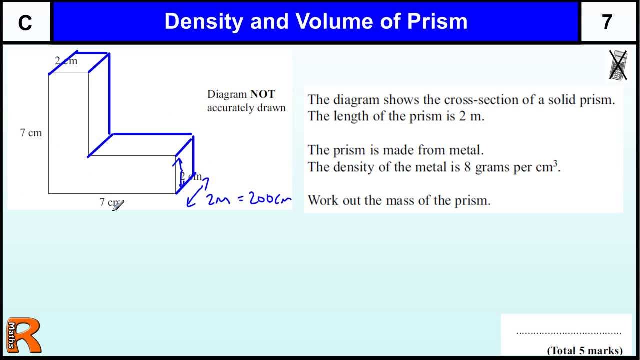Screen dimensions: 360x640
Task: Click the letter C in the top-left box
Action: coord(25,23)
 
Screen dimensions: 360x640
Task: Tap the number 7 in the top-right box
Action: coord(607,22)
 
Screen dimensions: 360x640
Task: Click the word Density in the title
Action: coord(204,21)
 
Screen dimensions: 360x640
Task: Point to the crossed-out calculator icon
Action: coord(618,65)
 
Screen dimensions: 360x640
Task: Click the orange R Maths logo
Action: coord(23,335)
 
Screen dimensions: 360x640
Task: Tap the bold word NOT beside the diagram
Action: coord(262,94)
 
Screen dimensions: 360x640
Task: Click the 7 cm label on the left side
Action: coord(31,133)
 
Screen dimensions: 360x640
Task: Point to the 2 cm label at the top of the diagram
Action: coord(66,61)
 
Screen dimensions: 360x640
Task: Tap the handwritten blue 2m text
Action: coord(218,199)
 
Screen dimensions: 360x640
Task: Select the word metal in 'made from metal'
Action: coord(466,150)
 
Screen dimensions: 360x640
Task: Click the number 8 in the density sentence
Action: coord(467,167)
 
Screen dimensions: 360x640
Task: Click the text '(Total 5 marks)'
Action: coord(585,350)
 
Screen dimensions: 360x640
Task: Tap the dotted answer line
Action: coord(568,332)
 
